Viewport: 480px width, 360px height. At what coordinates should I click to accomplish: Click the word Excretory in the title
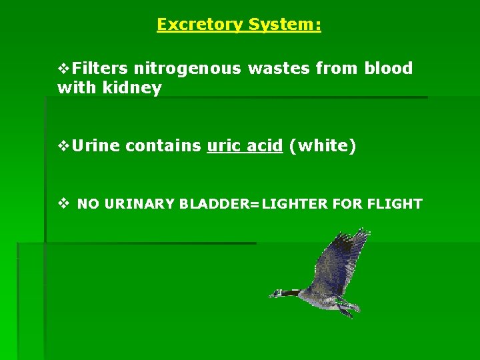200,25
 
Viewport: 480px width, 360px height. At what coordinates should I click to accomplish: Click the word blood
388,69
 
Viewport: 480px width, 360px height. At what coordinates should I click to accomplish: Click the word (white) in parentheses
323,146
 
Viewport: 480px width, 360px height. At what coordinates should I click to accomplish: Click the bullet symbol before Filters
64,69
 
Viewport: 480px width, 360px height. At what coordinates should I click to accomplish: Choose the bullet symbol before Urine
64,146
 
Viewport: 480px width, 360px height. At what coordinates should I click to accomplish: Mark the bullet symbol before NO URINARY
63,204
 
